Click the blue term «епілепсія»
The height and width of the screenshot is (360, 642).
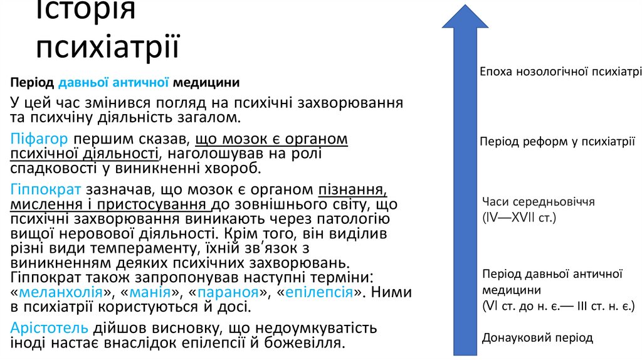point(318,293)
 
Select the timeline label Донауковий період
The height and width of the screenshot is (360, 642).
point(537,338)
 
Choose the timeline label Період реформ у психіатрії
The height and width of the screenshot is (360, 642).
point(557,142)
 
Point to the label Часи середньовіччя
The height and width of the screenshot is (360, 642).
point(538,202)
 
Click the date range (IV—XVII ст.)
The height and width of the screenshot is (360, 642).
point(519,218)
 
